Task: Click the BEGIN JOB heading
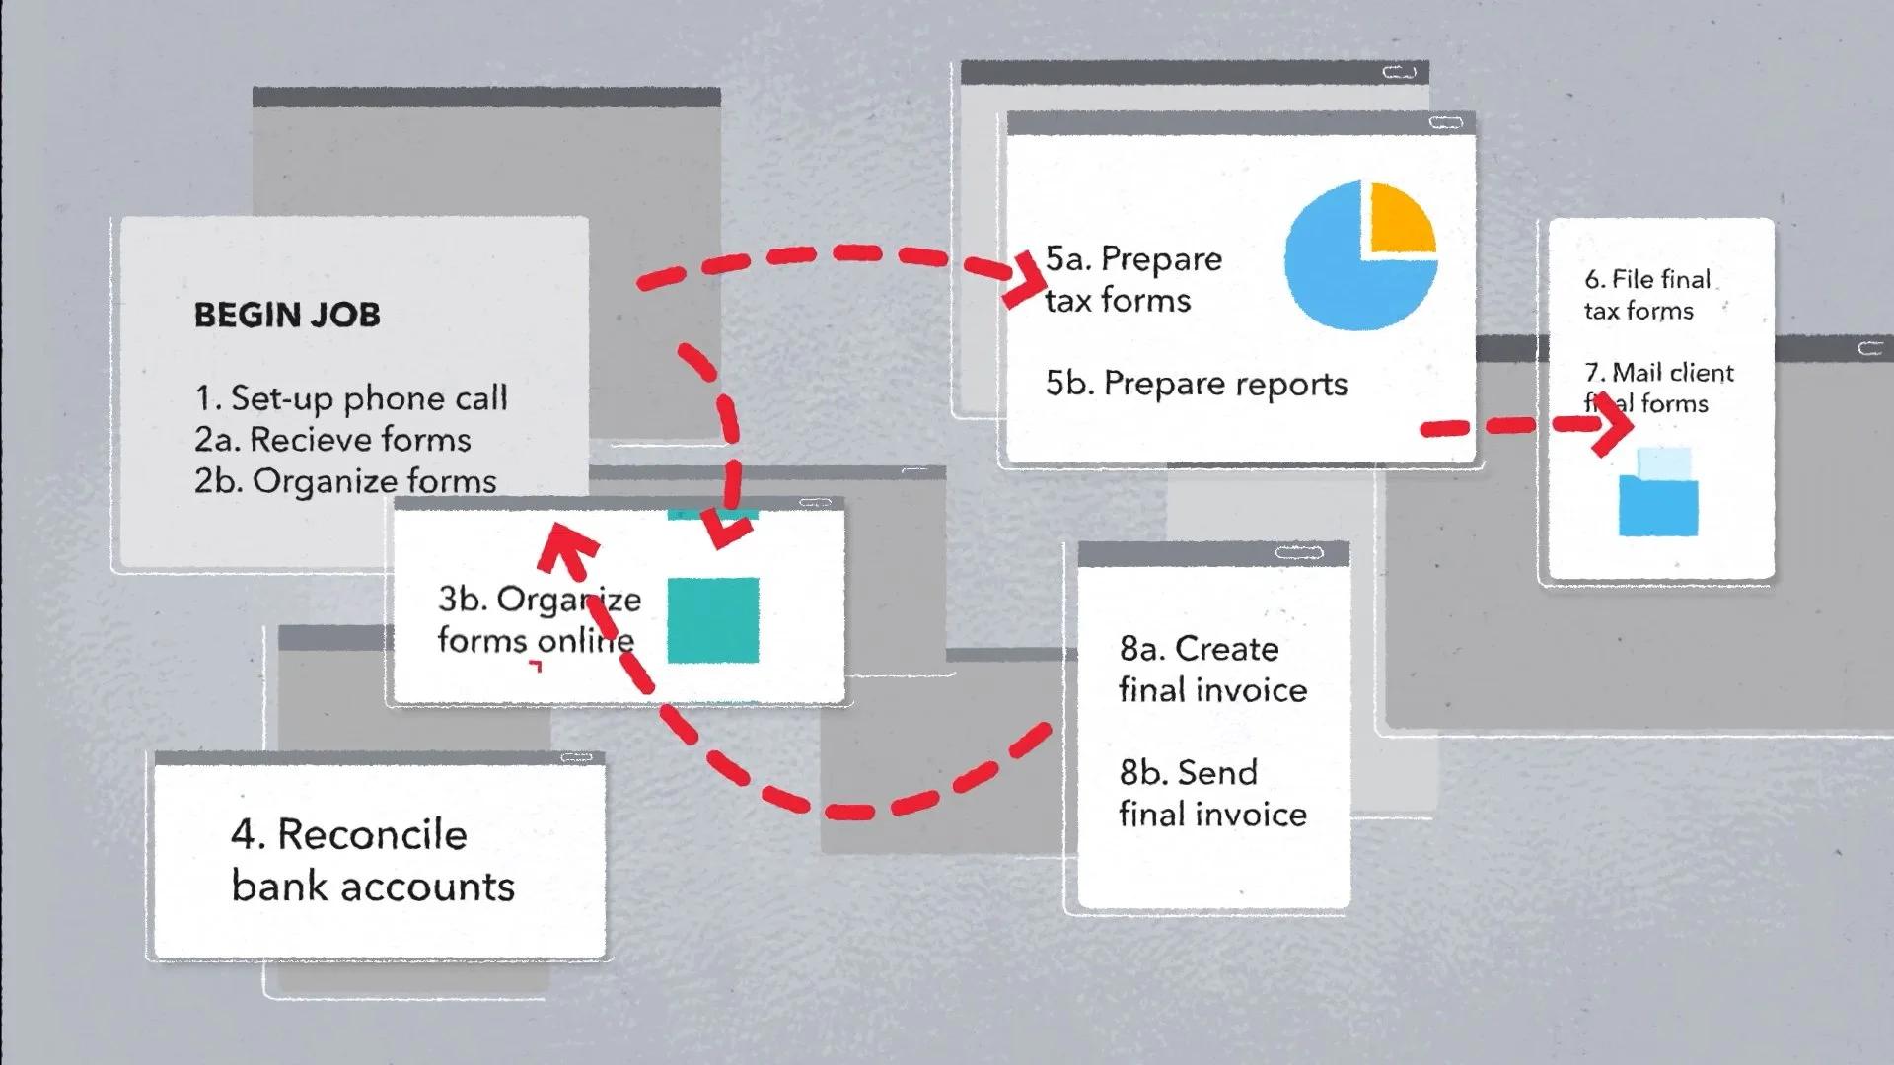click(x=286, y=315)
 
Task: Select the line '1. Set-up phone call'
click(x=350, y=397)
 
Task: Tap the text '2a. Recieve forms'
click(x=332, y=439)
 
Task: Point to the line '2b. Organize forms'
click(x=345, y=481)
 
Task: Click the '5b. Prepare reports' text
click(x=1196, y=384)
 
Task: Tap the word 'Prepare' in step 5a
click(x=1161, y=258)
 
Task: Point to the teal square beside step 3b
click(x=713, y=619)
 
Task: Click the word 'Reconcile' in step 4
click(x=372, y=834)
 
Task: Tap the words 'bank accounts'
click(x=373, y=887)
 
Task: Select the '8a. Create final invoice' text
click(x=1212, y=669)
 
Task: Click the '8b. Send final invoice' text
click(x=1212, y=793)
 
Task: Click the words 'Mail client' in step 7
click(x=1673, y=373)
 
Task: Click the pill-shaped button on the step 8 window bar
click(x=1298, y=553)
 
